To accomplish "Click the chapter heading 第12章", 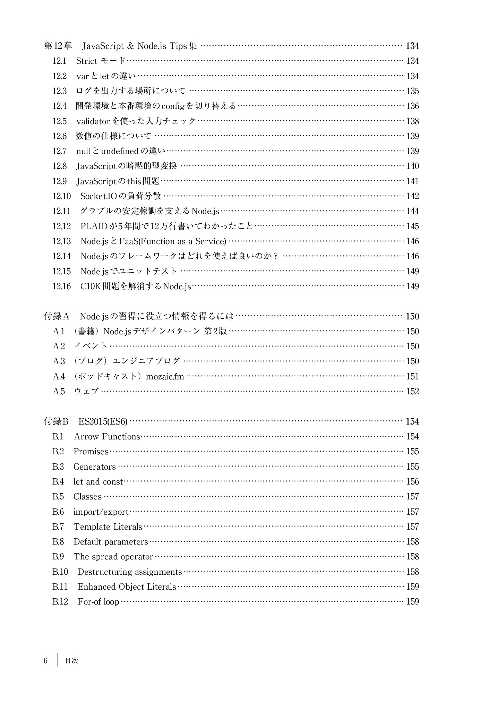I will click(x=58, y=46).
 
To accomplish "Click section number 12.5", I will click(x=59, y=121).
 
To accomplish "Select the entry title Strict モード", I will click(x=101, y=61).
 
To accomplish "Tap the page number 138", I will click(x=412, y=121).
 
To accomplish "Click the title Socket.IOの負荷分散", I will click(x=121, y=196).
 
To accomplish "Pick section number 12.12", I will click(x=62, y=226).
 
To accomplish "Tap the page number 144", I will click(x=412, y=211).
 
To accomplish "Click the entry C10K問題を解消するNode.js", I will click(x=136, y=286).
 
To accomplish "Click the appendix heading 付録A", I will click(x=57, y=316).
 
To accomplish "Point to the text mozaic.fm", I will click(x=165, y=377).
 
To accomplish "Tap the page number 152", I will click(x=412, y=392).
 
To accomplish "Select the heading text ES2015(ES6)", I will click(x=103, y=422).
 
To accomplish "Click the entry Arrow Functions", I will click(x=107, y=437).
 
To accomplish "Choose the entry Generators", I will click(x=94, y=467).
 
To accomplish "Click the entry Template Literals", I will click(x=108, y=527).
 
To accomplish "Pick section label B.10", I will click(x=60, y=572).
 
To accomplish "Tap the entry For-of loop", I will click(x=98, y=602).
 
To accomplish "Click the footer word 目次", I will click(x=71, y=661).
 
